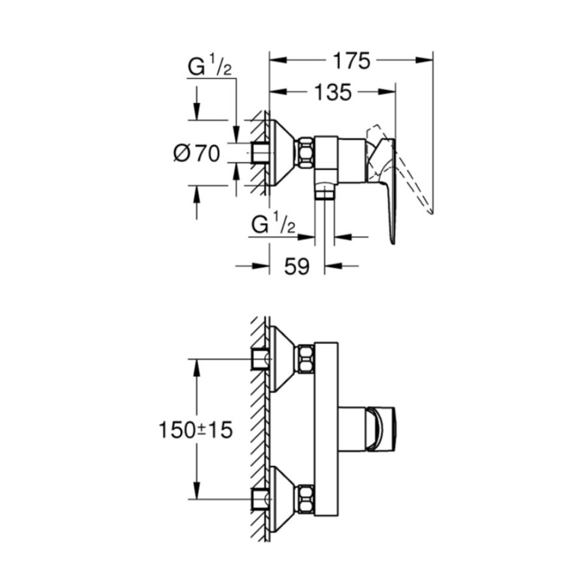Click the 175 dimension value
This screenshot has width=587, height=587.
pyautogui.click(x=352, y=60)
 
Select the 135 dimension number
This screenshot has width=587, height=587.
pyautogui.click(x=333, y=92)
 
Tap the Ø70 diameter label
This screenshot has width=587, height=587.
pyautogui.click(x=197, y=153)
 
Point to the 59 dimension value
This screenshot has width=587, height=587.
pyautogui.click(x=297, y=266)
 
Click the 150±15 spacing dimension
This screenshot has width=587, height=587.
pyautogui.click(x=195, y=430)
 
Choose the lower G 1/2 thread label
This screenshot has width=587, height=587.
pyautogui.click(x=274, y=224)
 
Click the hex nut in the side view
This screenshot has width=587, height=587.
pyautogui.click(x=306, y=153)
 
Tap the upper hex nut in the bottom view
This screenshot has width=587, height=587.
pyautogui.click(x=306, y=359)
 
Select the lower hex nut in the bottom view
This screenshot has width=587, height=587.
pyautogui.click(x=306, y=499)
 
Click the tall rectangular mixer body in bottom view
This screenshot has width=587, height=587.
pyautogui.click(x=326, y=430)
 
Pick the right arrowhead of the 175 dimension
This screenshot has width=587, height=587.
pyautogui.click(x=424, y=60)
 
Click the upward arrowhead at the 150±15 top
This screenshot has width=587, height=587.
pyautogui.click(x=196, y=369)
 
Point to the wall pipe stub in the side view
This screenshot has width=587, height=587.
pyautogui.click(x=259, y=153)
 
